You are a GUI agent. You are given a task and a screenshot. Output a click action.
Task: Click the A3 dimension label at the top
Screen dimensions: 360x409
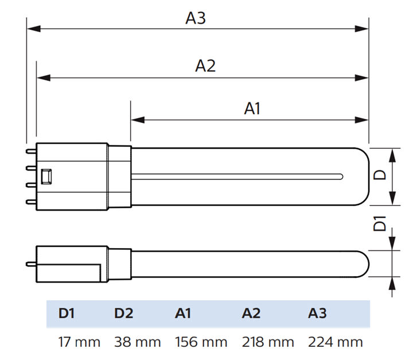(x=195, y=18)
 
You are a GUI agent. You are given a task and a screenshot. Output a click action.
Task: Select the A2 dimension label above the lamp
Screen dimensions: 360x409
(x=205, y=66)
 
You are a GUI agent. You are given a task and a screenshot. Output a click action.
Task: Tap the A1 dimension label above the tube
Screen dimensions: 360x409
(x=252, y=108)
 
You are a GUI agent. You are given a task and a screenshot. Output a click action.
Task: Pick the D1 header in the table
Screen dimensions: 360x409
(x=67, y=313)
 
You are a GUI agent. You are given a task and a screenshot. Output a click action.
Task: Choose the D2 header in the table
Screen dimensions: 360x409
(x=123, y=313)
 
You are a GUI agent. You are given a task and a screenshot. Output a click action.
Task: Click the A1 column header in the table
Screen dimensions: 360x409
(x=183, y=313)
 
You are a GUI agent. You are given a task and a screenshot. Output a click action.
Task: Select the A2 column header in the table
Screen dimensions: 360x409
(x=251, y=313)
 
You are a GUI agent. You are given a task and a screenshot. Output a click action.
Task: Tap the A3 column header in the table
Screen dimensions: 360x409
(x=317, y=313)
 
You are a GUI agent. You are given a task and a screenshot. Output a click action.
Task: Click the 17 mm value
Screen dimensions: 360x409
(x=79, y=342)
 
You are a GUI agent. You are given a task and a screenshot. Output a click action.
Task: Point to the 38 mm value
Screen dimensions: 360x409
(x=137, y=342)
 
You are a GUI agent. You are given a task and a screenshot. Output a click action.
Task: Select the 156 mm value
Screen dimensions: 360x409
(x=201, y=342)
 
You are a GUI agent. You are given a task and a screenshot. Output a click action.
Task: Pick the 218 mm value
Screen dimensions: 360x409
(x=268, y=342)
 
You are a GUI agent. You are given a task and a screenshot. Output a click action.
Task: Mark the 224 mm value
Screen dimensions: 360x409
(x=335, y=342)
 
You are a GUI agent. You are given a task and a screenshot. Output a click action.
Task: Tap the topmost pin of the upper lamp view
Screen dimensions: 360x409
(x=30, y=151)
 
